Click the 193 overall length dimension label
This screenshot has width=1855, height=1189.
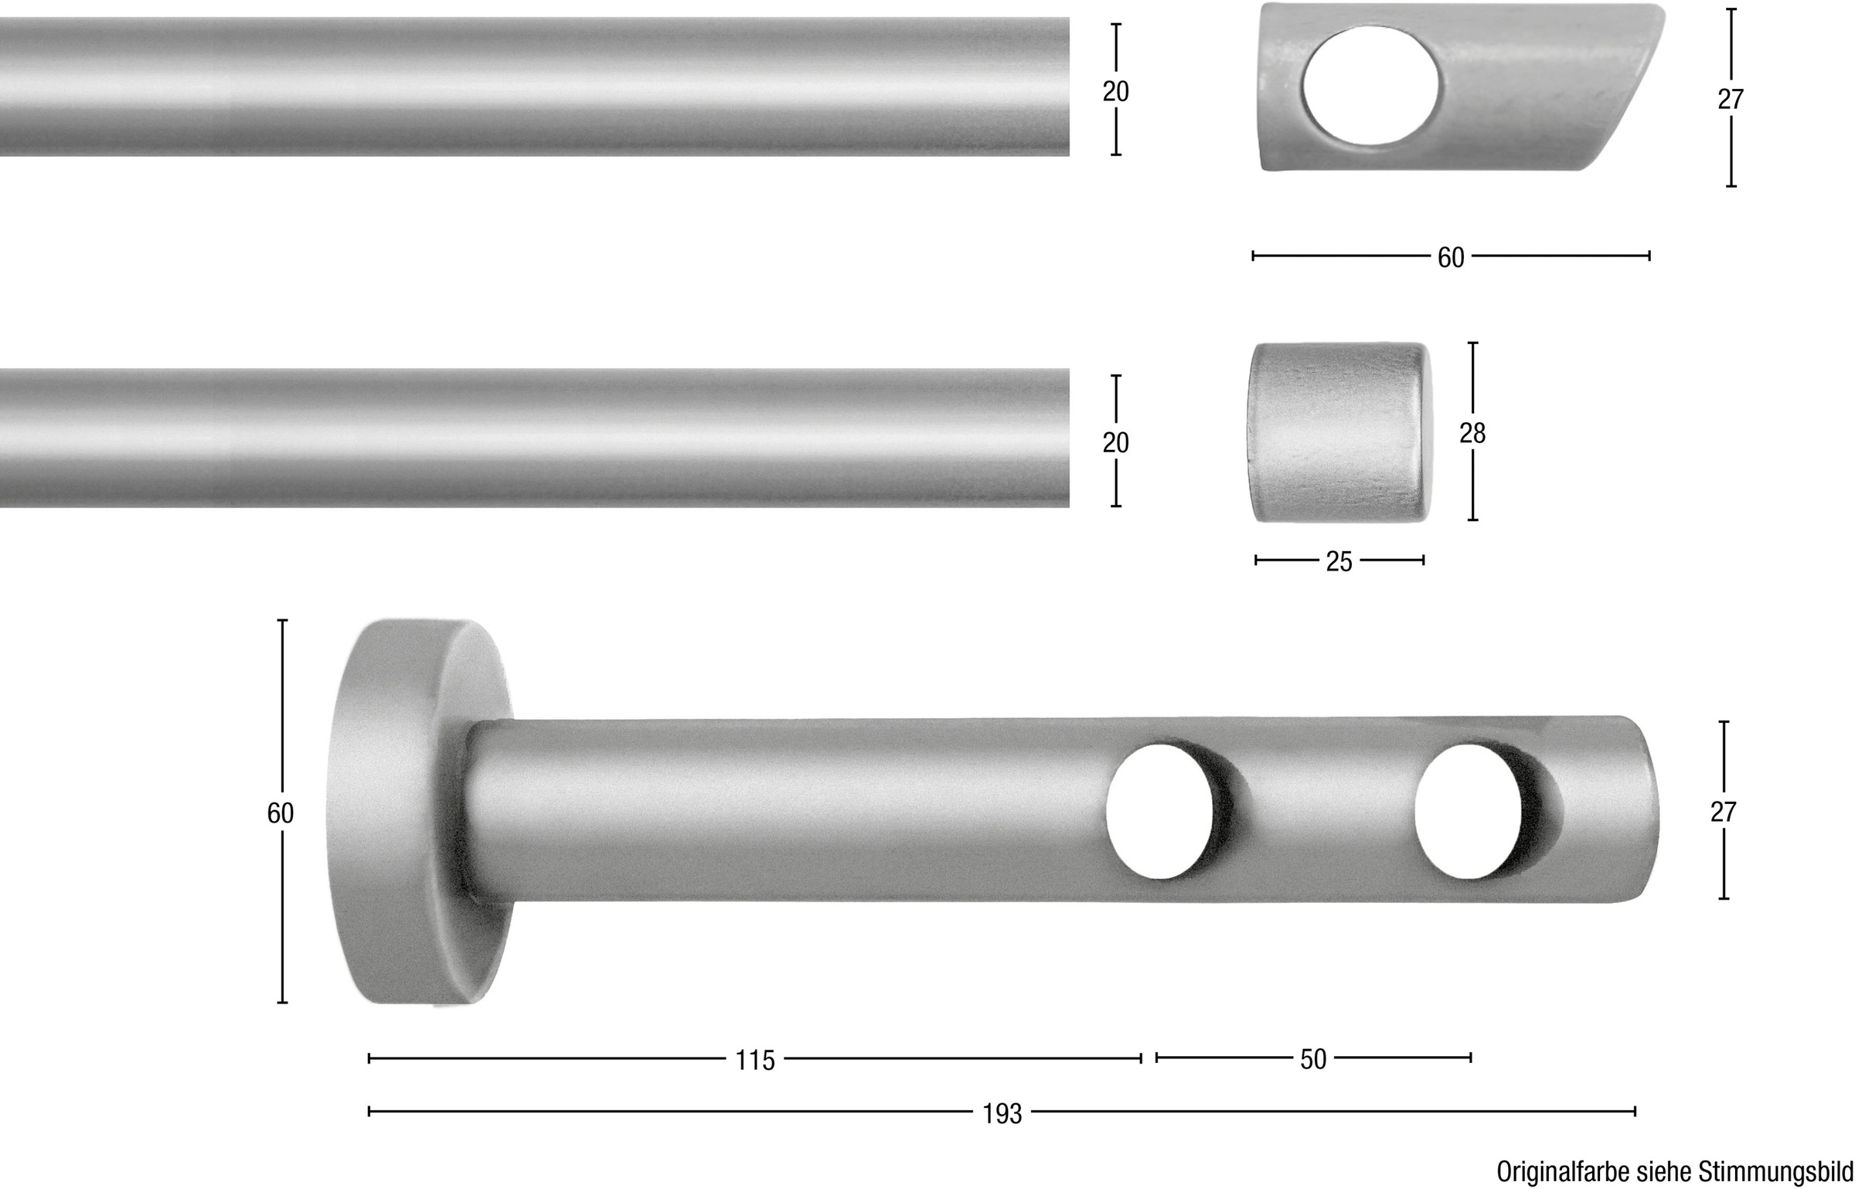[1002, 1114]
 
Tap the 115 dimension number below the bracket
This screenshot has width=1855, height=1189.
[754, 1061]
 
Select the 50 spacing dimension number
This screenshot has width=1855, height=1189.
[1313, 1059]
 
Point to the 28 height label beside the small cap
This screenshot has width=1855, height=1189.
[1472, 434]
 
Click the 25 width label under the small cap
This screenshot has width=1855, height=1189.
[1339, 562]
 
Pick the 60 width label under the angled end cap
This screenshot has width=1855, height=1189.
[1451, 257]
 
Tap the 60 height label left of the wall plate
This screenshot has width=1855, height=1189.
[281, 813]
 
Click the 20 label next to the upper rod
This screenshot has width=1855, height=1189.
[1115, 92]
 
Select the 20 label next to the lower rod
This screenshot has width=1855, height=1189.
[1115, 443]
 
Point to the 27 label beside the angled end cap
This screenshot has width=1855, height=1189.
[1731, 100]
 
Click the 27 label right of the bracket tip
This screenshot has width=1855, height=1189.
[1724, 812]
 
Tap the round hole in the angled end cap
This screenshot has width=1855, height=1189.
[1370, 84]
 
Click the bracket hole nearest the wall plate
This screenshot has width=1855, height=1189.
[1161, 811]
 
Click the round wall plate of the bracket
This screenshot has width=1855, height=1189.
[410, 812]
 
